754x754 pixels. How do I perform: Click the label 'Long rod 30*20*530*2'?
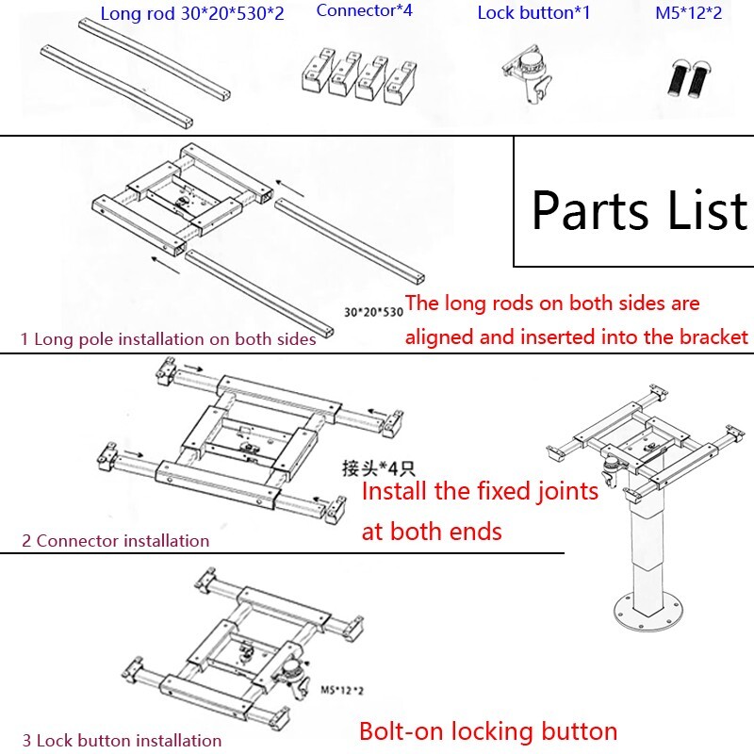point(191,12)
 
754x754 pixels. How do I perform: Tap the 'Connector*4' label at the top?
point(365,10)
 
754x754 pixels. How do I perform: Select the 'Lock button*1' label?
point(533,12)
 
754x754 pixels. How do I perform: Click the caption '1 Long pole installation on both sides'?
point(168,338)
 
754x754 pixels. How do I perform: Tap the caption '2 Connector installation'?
point(115,540)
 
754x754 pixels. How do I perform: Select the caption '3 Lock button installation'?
point(122,741)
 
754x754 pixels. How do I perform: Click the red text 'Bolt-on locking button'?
point(488,731)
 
